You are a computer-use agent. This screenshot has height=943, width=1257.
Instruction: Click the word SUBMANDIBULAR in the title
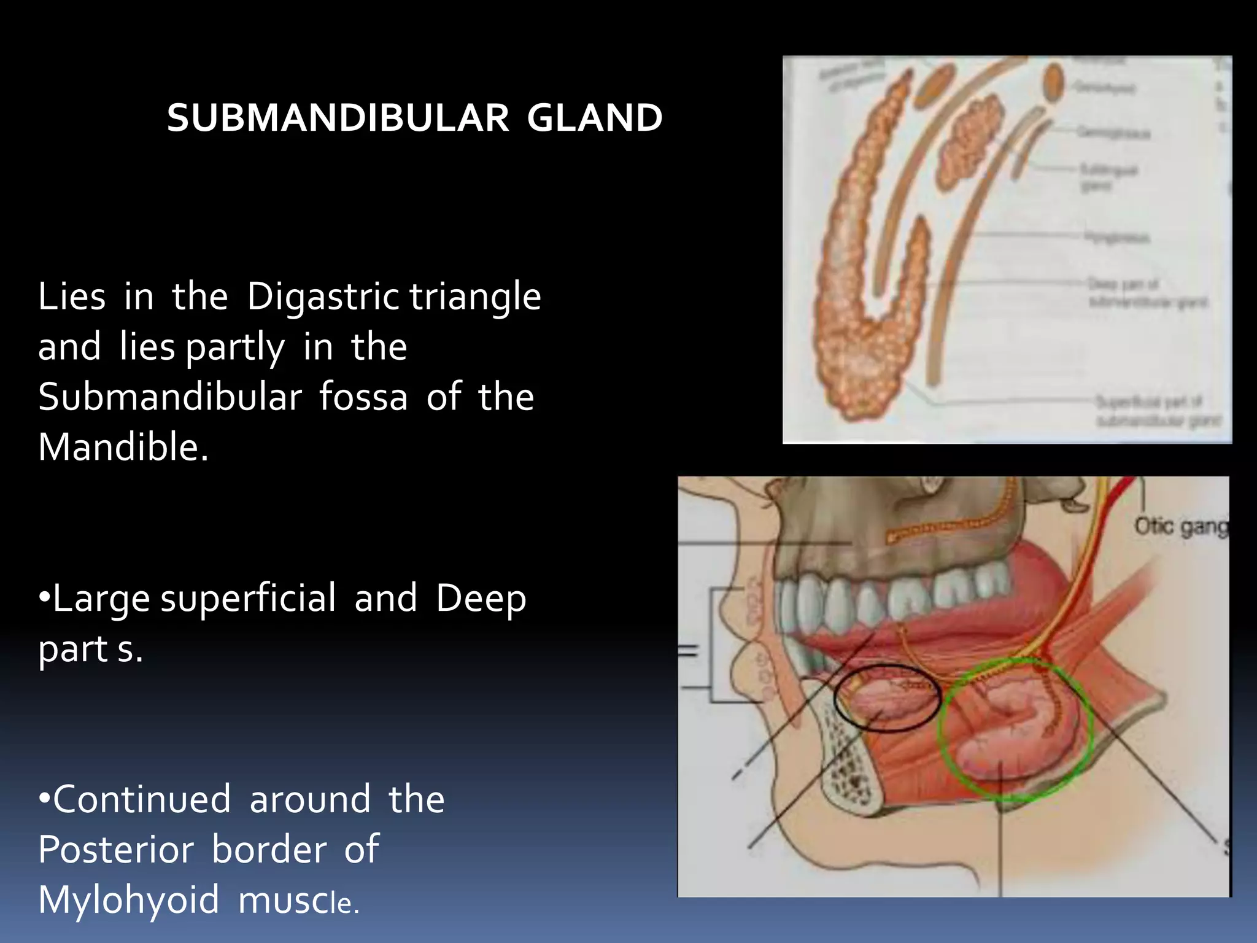point(338,118)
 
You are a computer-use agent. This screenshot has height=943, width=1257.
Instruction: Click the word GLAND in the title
point(594,118)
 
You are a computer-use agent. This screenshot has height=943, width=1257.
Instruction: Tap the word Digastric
point(323,297)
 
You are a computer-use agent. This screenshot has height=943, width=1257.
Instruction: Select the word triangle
point(476,297)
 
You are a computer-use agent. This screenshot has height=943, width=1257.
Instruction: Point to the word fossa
point(363,397)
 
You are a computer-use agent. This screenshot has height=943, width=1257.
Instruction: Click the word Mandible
point(123,447)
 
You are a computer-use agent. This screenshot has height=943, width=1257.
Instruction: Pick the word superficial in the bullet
point(248,599)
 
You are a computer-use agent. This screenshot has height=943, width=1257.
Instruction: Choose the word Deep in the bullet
point(481,599)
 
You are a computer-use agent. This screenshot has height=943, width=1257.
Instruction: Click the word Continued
point(141,800)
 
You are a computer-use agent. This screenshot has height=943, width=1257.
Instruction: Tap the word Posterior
point(116,850)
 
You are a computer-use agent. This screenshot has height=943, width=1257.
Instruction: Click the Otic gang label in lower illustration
point(1180,527)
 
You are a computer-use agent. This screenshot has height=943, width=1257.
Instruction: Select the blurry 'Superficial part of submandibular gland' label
point(1158,411)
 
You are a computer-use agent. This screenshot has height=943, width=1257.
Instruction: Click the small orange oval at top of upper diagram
point(1053,83)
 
